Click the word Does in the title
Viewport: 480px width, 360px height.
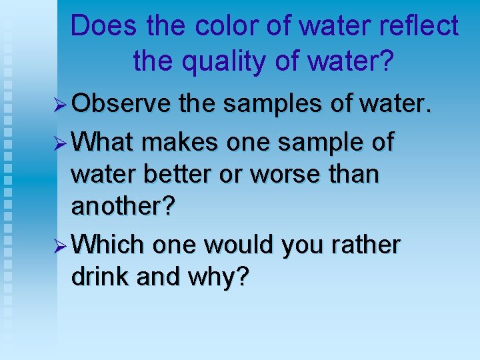tap(96, 27)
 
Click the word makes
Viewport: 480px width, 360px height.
tap(176, 142)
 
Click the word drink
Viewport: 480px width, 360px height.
tap(100, 277)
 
